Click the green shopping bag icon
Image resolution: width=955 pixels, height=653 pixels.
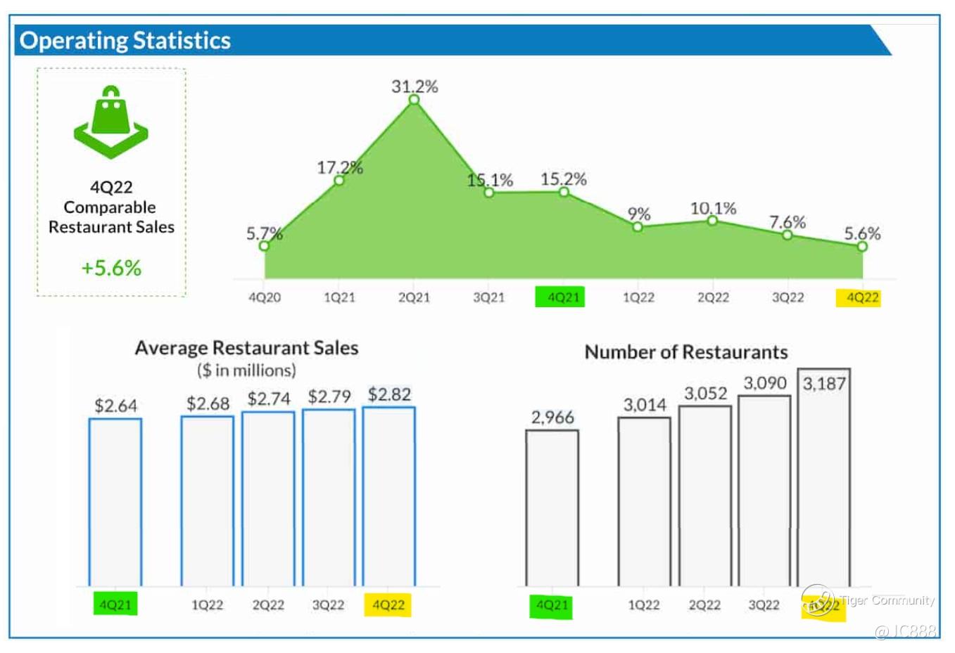(x=110, y=122)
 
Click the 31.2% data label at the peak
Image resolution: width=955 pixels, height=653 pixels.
(x=415, y=86)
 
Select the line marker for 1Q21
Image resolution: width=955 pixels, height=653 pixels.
(x=339, y=181)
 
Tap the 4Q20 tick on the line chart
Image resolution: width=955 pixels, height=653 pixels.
(x=265, y=297)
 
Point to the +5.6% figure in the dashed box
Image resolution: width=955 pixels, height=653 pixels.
(x=111, y=268)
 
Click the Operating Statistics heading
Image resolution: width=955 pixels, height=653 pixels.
(x=125, y=41)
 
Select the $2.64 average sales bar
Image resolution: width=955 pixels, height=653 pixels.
(x=115, y=502)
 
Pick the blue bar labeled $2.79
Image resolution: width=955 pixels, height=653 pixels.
(x=329, y=497)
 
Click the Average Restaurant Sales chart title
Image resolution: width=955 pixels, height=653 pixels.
(x=246, y=348)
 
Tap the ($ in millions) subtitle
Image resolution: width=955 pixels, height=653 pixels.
(x=246, y=370)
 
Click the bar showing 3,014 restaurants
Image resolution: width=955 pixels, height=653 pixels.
(x=645, y=501)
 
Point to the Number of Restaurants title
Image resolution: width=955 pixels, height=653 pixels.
(x=686, y=352)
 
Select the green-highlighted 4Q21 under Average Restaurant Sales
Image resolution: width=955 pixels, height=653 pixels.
(x=115, y=604)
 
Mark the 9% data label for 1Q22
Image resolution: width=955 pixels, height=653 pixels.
(x=639, y=214)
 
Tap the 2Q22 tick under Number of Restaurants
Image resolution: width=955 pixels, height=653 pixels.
(x=704, y=605)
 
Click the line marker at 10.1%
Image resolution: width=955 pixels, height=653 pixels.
(x=713, y=221)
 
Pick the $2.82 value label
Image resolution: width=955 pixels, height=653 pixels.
(x=389, y=394)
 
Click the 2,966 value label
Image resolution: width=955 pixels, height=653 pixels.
(x=552, y=418)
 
